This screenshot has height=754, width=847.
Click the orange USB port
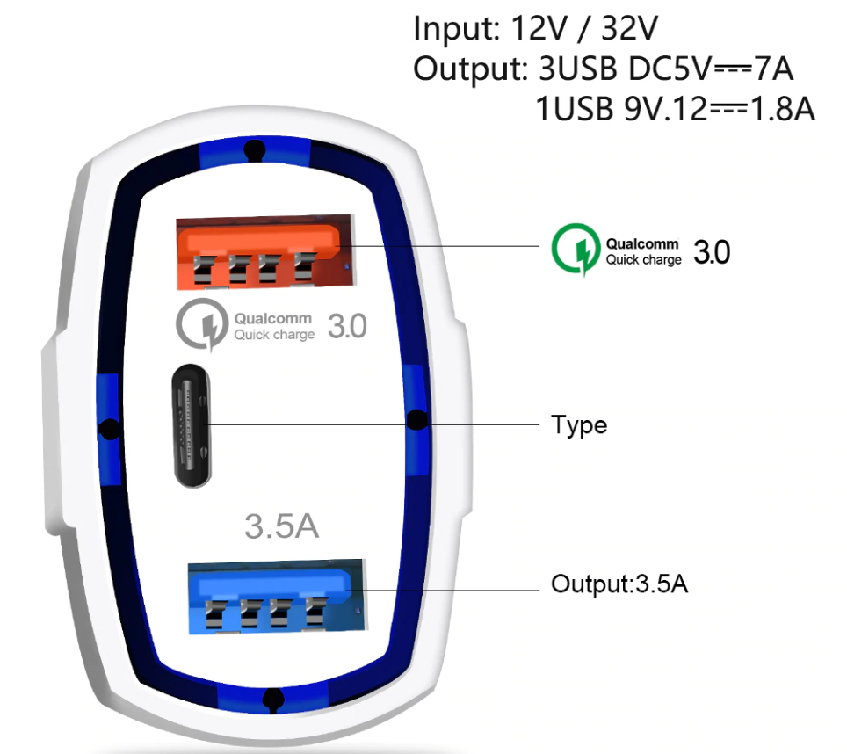(264, 251)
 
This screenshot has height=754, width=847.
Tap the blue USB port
(276, 597)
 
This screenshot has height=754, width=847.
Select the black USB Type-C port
(192, 425)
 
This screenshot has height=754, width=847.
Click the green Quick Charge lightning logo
(576, 250)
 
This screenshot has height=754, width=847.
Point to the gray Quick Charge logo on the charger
(201, 324)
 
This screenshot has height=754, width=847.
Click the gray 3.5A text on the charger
(281, 526)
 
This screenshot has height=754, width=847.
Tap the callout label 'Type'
(579, 425)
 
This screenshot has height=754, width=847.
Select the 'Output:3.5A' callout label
(619, 584)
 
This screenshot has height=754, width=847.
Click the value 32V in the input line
(629, 28)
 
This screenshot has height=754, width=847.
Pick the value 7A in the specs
(773, 69)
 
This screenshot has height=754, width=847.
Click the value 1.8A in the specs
(782, 109)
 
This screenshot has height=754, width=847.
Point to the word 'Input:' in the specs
(457, 28)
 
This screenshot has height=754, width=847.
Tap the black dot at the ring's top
(255, 150)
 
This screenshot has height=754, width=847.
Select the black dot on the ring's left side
(110, 429)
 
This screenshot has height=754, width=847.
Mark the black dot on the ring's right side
(417, 420)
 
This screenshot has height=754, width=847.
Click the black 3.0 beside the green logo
(712, 252)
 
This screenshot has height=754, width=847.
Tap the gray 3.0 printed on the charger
(347, 326)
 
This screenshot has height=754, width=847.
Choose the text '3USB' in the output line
(577, 69)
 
